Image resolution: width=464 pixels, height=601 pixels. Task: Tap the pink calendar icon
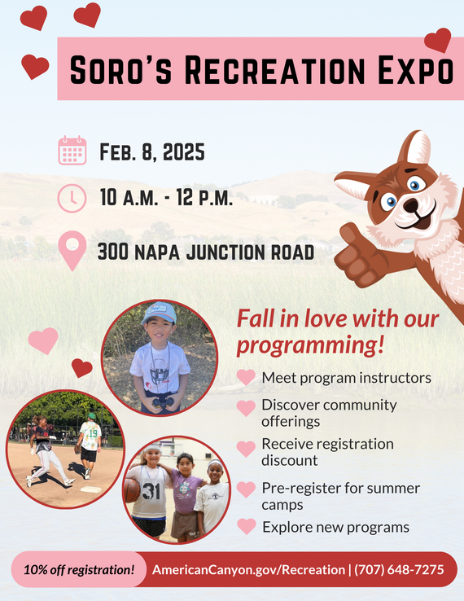(72, 151)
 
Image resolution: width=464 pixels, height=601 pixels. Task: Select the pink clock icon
(72, 198)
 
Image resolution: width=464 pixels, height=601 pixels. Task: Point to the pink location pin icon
(72, 250)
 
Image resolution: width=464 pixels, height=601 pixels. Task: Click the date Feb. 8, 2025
(151, 152)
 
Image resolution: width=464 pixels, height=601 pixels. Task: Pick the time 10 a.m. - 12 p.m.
(166, 198)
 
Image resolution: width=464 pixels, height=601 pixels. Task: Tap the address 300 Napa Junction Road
(205, 252)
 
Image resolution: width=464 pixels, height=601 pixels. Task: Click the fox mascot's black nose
(410, 204)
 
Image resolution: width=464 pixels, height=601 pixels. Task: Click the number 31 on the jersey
(151, 492)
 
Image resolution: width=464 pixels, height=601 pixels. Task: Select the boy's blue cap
(160, 313)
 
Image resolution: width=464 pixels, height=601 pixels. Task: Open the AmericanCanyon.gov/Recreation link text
(247, 569)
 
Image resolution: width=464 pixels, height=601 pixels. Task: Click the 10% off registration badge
(79, 569)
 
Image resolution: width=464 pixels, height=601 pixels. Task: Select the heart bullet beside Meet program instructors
(246, 378)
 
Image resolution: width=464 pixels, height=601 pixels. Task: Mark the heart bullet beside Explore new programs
(246, 527)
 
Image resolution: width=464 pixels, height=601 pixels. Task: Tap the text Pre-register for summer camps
(340, 496)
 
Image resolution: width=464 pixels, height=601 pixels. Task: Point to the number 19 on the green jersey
(92, 434)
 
